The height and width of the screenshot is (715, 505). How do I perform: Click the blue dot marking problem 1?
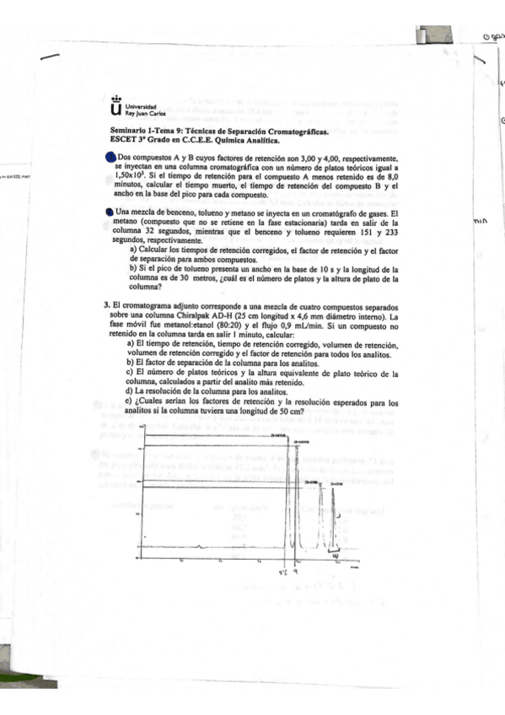[x=110, y=158]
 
